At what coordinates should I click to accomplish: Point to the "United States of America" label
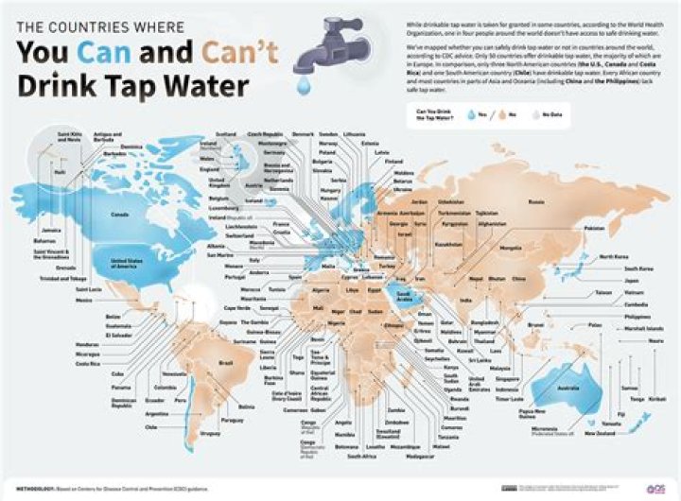tap(131, 263)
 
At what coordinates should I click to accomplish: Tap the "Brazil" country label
tap(226, 362)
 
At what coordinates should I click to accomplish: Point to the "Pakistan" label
tap(594, 229)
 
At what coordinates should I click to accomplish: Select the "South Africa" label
tap(361, 458)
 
